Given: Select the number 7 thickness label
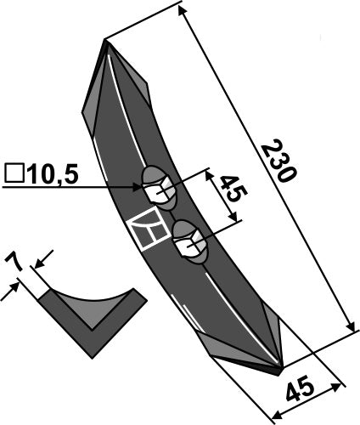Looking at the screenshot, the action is click(x=14, y=262).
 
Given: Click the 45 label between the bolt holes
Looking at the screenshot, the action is click(x=233, y=189).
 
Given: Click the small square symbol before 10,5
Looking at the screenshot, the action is click(x=14, y=173).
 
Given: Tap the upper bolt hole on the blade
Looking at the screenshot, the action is click(x=160, y=189).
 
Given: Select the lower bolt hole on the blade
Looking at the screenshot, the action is click(x=190, y=242).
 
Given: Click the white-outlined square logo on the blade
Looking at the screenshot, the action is click(x=149, y=229).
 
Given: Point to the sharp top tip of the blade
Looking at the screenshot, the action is click(x=104, y=41).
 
